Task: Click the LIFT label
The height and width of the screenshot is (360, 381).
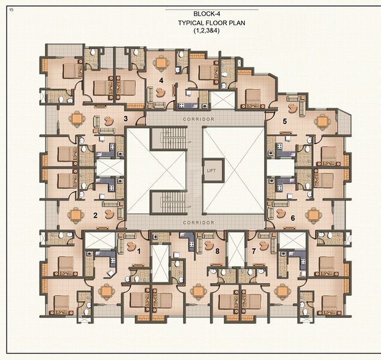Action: click(211, 170)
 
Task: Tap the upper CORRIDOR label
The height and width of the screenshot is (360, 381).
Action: click(199, 119)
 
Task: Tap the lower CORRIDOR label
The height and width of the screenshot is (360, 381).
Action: click(199, 223)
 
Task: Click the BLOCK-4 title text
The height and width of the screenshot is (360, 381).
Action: click(206, 14)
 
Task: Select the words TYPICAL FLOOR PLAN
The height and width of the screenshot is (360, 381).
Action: click(212, 23)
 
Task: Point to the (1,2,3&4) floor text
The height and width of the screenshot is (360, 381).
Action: click(207, 31)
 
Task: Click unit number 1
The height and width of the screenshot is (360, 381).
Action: click(139, 251)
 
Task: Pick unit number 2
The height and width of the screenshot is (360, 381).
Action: click(95, 215)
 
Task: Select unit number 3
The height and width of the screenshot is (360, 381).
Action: click(125, 119)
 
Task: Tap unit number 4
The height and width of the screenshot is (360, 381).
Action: click(161, 80)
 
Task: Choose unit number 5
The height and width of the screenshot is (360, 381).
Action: click(285, 121)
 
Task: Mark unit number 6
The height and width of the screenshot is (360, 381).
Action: click(293, 218)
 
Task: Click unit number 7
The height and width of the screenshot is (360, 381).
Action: click(254, 251)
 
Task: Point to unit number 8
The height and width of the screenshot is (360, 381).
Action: click(217, 251)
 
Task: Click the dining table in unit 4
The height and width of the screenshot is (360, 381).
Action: click(161, 63)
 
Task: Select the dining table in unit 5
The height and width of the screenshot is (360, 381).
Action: click(322, 121)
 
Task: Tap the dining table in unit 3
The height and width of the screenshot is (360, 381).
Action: click(77, 119)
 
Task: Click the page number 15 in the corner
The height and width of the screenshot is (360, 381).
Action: click(11, 10)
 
